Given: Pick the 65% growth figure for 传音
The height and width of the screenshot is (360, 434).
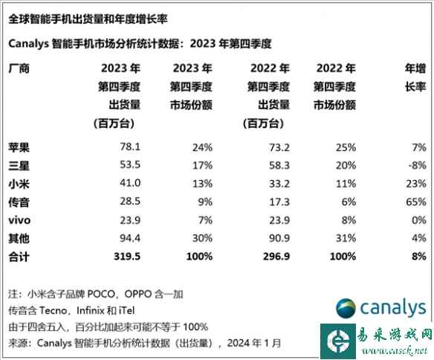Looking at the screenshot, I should (x=417, y=202).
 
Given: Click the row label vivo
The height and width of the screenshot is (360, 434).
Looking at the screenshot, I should (x=19, y=220).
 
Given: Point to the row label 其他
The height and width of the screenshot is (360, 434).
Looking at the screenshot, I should (x=18, y=239).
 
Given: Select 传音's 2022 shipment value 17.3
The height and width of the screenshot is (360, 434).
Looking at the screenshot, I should (x=258, y=202).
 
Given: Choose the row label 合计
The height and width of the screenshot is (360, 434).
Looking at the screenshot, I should (x=18, y=257).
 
